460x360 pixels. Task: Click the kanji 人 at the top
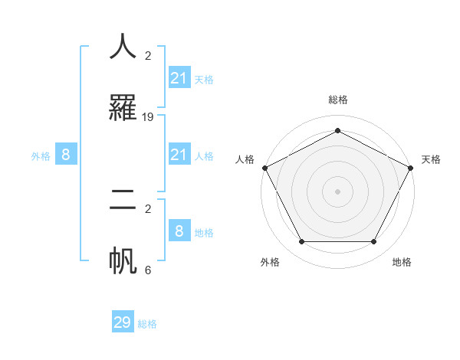point(123,47)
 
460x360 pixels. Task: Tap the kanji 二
point(123,200)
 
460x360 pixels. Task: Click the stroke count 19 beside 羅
point(148,117)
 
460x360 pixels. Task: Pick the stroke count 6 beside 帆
point(148,270)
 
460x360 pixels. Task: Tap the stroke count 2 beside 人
point(148,55)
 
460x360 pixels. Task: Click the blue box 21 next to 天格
point(179,77)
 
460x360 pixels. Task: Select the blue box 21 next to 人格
point(179,155)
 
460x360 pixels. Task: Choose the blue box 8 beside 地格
point(179,231)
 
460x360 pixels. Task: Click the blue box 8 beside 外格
point(66,155)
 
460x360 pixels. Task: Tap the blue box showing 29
point(123,322)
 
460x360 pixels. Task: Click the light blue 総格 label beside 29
point(147,324)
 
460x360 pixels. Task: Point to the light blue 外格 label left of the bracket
point(41,156)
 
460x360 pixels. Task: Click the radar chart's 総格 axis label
point(338,100)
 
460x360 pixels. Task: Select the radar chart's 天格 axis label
point(431,159)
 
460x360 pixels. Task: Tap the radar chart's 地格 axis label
point(402,262)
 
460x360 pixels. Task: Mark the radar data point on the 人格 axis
point(264,167)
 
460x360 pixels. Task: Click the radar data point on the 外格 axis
point(301,242)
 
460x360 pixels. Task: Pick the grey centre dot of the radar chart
point(337,191)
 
